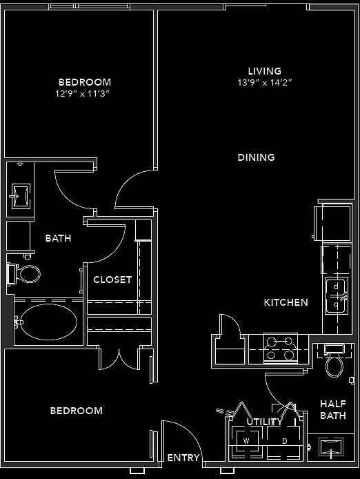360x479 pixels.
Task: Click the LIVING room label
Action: click(x=265, y=70)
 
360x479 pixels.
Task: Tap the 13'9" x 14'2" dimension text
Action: click(x=265, y=82)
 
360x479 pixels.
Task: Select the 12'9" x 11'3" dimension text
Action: click(x=84, y=93)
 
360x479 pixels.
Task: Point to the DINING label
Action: click(x=256, y=157)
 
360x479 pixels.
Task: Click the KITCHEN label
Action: click(x=286, y=302)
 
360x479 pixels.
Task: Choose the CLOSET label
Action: click(x=112, y=280)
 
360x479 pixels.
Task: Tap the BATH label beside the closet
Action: click(x=58, y=238)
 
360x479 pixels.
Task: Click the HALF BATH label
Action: click(x=332, y=410)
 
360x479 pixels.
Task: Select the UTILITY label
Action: click(x=265, y=422)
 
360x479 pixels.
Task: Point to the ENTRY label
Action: click(x=183, y=458)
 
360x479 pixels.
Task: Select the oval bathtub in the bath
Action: click(x=47, y=322)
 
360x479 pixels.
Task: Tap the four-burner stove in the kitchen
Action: click(x=281, y=348)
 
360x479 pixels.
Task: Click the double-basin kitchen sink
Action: click(x=336, y=295)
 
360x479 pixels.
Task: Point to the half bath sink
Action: click(x=332, y=450)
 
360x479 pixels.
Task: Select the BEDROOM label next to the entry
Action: click(x=76, y=411)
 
